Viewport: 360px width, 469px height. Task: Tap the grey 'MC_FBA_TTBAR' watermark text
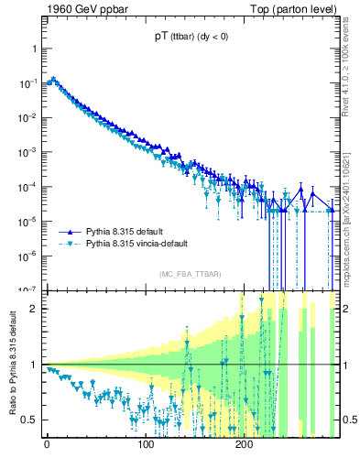coord(189,275)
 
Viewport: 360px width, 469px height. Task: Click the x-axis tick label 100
coord(145,444)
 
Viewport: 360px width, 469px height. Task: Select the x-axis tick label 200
coord(244,444)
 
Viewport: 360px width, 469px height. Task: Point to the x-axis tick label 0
coord(47,444)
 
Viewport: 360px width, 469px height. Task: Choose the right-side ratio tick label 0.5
coord(347,420)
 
